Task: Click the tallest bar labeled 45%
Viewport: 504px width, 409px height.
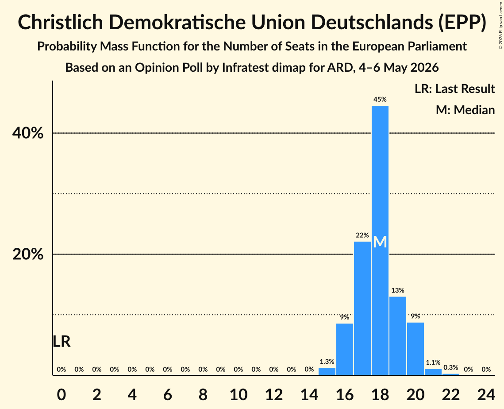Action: click(380, 240)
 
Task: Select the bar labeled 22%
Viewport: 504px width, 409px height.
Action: click(362, 309)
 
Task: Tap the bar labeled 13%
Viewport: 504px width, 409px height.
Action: click(398, 336)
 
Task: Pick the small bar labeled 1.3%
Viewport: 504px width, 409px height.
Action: click(327, 371)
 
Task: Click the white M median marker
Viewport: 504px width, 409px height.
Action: click(380, 242)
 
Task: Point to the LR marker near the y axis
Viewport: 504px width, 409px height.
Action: click(62, 341)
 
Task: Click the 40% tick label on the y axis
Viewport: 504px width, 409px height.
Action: click(27, 133)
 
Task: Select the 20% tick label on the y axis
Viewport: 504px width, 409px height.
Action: click(27, 255)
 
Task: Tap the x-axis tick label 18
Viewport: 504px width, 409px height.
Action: click(380, 394)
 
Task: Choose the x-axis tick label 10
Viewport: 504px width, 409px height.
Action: click(239, 394)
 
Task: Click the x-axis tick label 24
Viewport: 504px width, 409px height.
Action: click(486, 394)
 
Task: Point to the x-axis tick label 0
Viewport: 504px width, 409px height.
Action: click(62, 394)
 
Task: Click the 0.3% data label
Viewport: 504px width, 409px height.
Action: click(450, 367)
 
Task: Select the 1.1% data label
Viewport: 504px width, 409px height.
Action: click(433, 363)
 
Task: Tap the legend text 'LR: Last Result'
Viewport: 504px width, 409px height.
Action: click(454, 89)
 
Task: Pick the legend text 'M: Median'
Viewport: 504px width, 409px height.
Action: click(465, 110)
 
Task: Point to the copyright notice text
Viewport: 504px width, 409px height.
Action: click(501, 25)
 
